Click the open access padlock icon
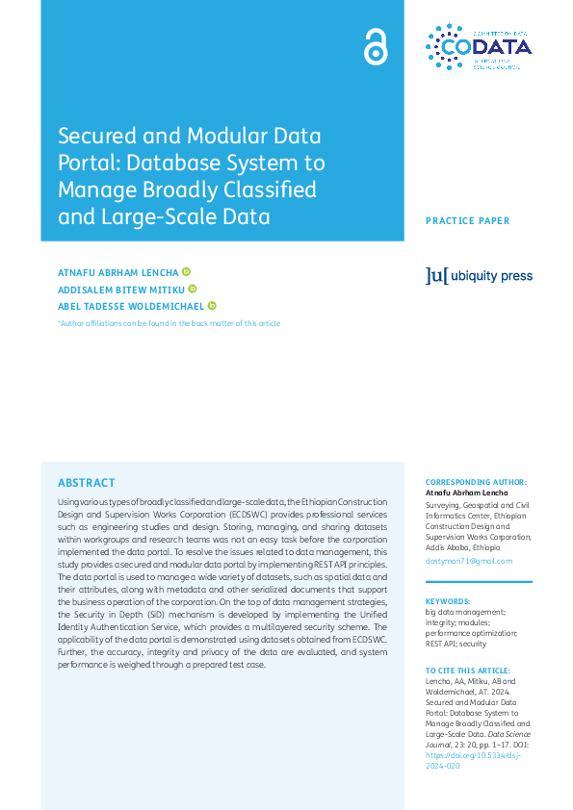375,46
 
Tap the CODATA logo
478,47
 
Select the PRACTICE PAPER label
467,221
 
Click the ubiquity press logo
478,276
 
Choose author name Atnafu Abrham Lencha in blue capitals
117,272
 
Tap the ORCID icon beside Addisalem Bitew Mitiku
193,289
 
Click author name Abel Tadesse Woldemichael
131,306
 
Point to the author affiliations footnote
169,323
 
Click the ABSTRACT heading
86,483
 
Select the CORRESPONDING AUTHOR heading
476,482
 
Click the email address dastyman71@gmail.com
469,561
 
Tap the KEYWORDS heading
447,600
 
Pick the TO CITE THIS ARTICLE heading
468,670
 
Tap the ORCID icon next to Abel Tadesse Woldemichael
212,306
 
